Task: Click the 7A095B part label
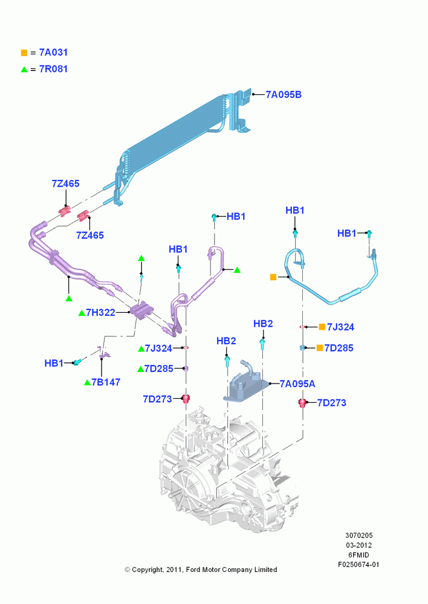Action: (284, 95)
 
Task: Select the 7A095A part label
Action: (297, 384)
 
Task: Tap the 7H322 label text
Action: (100, 312)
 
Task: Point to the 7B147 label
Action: (106, 382)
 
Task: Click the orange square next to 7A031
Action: (24, 53)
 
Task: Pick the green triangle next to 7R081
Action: (24, 69)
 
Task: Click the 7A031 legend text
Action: (54, 53)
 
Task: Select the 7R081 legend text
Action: (54, 69)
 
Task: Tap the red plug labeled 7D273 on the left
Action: (186, 398)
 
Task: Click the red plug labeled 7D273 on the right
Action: (303, 403)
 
